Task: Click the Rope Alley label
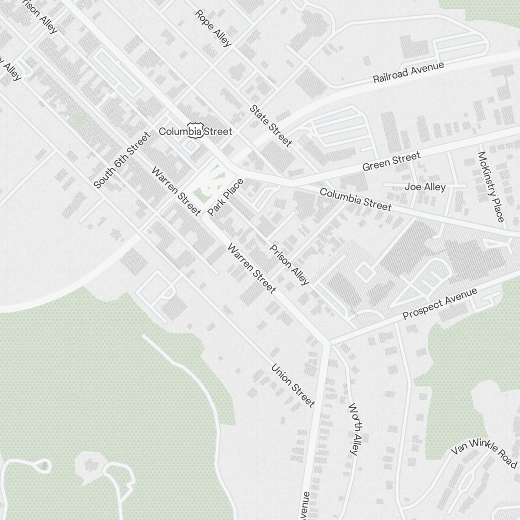(213, 28)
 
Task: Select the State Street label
(270, 126)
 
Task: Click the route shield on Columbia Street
(195, 131)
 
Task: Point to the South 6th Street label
(122, 160)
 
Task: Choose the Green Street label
(391, 162)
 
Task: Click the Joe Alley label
(425, 187)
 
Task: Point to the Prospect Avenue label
(440, 304)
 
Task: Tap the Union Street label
(293, 385)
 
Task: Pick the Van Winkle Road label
(483, 451)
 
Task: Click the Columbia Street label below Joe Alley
(356, 200)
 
